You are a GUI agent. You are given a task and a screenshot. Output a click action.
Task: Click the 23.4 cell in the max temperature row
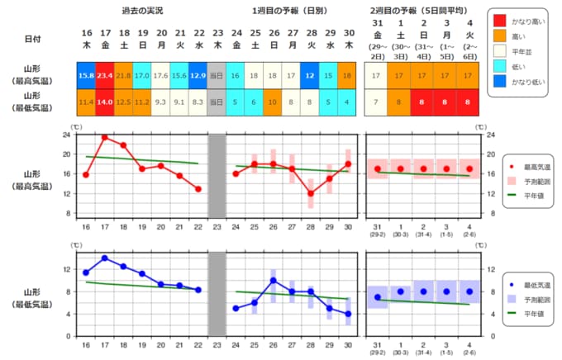(105, 75)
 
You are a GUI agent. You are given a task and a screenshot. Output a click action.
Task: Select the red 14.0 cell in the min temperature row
(105, 102)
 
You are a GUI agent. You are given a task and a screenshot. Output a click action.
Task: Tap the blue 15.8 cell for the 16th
(86, 75)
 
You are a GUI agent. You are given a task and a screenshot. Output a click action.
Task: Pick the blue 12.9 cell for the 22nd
(198, 75)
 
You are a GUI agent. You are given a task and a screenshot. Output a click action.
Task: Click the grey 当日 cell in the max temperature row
(217, 75)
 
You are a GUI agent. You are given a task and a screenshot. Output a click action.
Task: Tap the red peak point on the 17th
(105, 137)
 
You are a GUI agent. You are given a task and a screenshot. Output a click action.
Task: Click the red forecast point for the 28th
(311, 193)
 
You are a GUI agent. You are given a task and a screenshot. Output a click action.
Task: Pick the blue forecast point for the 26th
(274, 280)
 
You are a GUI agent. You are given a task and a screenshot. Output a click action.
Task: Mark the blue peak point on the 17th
(105, 258)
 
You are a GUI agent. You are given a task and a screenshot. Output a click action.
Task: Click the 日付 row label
(31, 39)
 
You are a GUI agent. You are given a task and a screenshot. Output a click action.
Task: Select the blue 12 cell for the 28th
(311, 75)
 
